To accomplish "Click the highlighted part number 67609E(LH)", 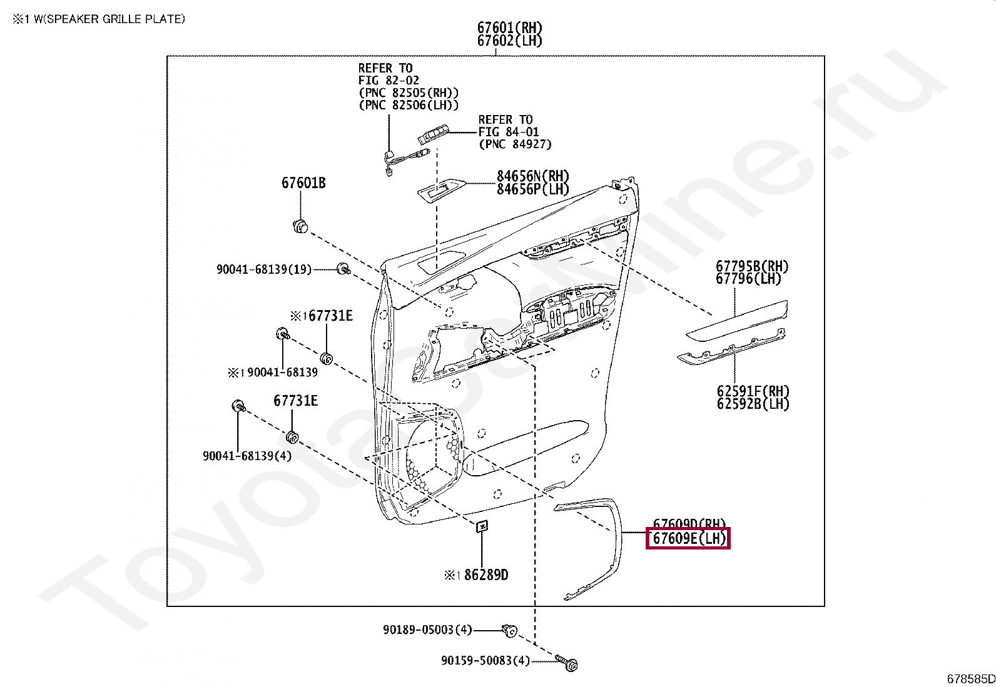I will pyautogui.click(x=688, y=538).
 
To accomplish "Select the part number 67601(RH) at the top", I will pyautogui.click(x=509, y=28).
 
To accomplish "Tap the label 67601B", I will pyautogui.click(x=303, y=183).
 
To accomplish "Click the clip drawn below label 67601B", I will pyautogui.click(x=301, y=226).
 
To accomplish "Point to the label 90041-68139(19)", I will pyautogui.click(x=263, y=269).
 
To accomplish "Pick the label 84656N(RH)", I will pyautogui.click(x=532, y=176).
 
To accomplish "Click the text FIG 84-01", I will pyautogui.click(x=508, y=132).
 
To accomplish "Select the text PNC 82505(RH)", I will pyautogui.click(x=408, y=93).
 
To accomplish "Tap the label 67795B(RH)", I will pyautogui.click(x=752, y=267).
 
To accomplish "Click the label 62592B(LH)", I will pyautogui.click(x=753, y=404).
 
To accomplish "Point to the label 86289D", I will pyautogui.click(x=485, y=574).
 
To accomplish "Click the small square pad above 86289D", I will pyautogui.click(x=481, y=526).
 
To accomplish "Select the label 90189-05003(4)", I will pyautogui.click(x=427, y=629).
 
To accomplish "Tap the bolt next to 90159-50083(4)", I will pyautogui.click(x=569, y=662).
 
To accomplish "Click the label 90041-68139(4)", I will pyautogui.click(x=246, y=456).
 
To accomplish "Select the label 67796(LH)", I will pyautogui.click(x=748, y=279).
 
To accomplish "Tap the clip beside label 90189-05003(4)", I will pyautogui.click(x=509, y=631).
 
